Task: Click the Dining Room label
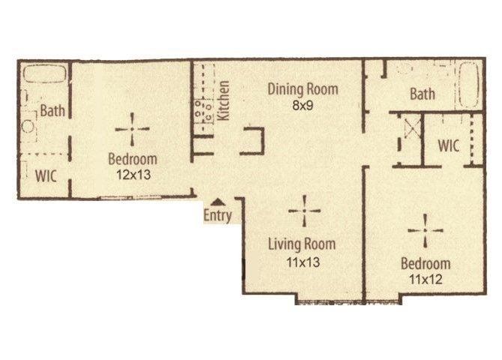click(303, 89)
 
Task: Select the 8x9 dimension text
click(303, 106)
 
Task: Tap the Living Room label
click(302, 244)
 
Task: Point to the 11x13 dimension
click(303, 262)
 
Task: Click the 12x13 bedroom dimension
click(133, 175)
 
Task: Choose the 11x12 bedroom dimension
click(426, 280)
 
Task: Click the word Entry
click(218, 215)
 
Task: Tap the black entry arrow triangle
click(218, 202)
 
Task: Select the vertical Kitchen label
click(223, 100)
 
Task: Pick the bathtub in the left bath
click(45, 74)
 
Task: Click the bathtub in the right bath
click(469, 85)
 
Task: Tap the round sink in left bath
click(28, 126)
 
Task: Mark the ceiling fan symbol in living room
click(304, 211)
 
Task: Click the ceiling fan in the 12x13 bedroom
click(132, 129)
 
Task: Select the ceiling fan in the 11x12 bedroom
click(425, 230)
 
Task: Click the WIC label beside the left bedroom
click(46, 176)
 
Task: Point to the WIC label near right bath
click(449, 145)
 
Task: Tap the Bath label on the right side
click(423, 94)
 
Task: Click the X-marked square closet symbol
click(412, 127)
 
